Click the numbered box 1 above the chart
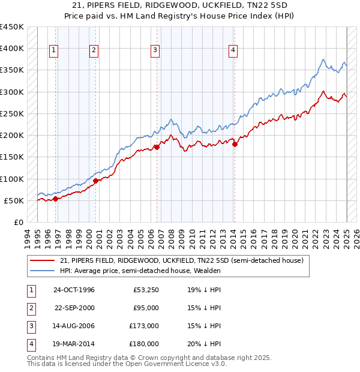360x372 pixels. tap(54, 51)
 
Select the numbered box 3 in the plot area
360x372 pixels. tap(155, 51)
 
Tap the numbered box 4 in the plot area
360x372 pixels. tap(232, 51)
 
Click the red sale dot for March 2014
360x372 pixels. tap(235, 144)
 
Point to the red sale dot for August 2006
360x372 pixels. tap(157, 147)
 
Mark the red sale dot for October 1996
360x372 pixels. tap(56, 199)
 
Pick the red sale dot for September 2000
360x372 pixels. tap(95, 181)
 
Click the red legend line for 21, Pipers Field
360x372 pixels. tap(43, 260)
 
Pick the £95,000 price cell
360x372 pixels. tap(146, 308)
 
